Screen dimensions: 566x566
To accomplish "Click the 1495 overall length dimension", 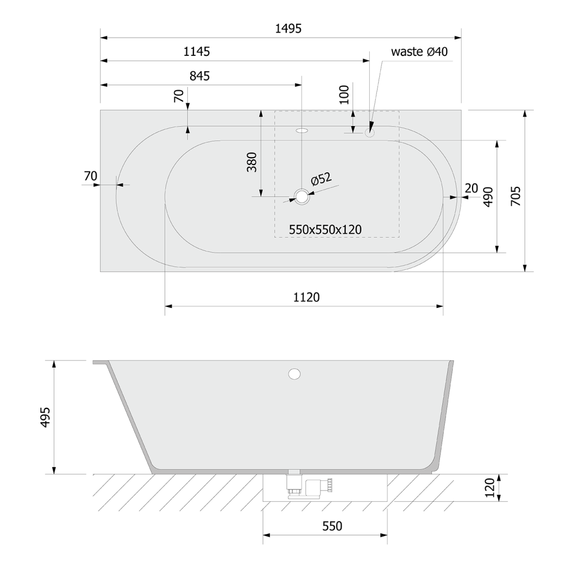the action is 288,28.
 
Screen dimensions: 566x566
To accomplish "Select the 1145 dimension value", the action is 196,51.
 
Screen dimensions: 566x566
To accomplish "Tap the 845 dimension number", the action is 200,76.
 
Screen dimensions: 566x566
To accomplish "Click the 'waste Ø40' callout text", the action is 419,51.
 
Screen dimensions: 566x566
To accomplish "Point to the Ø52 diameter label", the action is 321,179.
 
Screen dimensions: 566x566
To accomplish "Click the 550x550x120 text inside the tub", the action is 325,229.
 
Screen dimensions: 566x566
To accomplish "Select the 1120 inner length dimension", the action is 306,297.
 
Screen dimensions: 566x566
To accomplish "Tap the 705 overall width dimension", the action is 516,196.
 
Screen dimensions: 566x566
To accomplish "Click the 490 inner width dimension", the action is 488,197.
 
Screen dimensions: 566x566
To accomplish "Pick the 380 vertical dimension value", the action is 251,162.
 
